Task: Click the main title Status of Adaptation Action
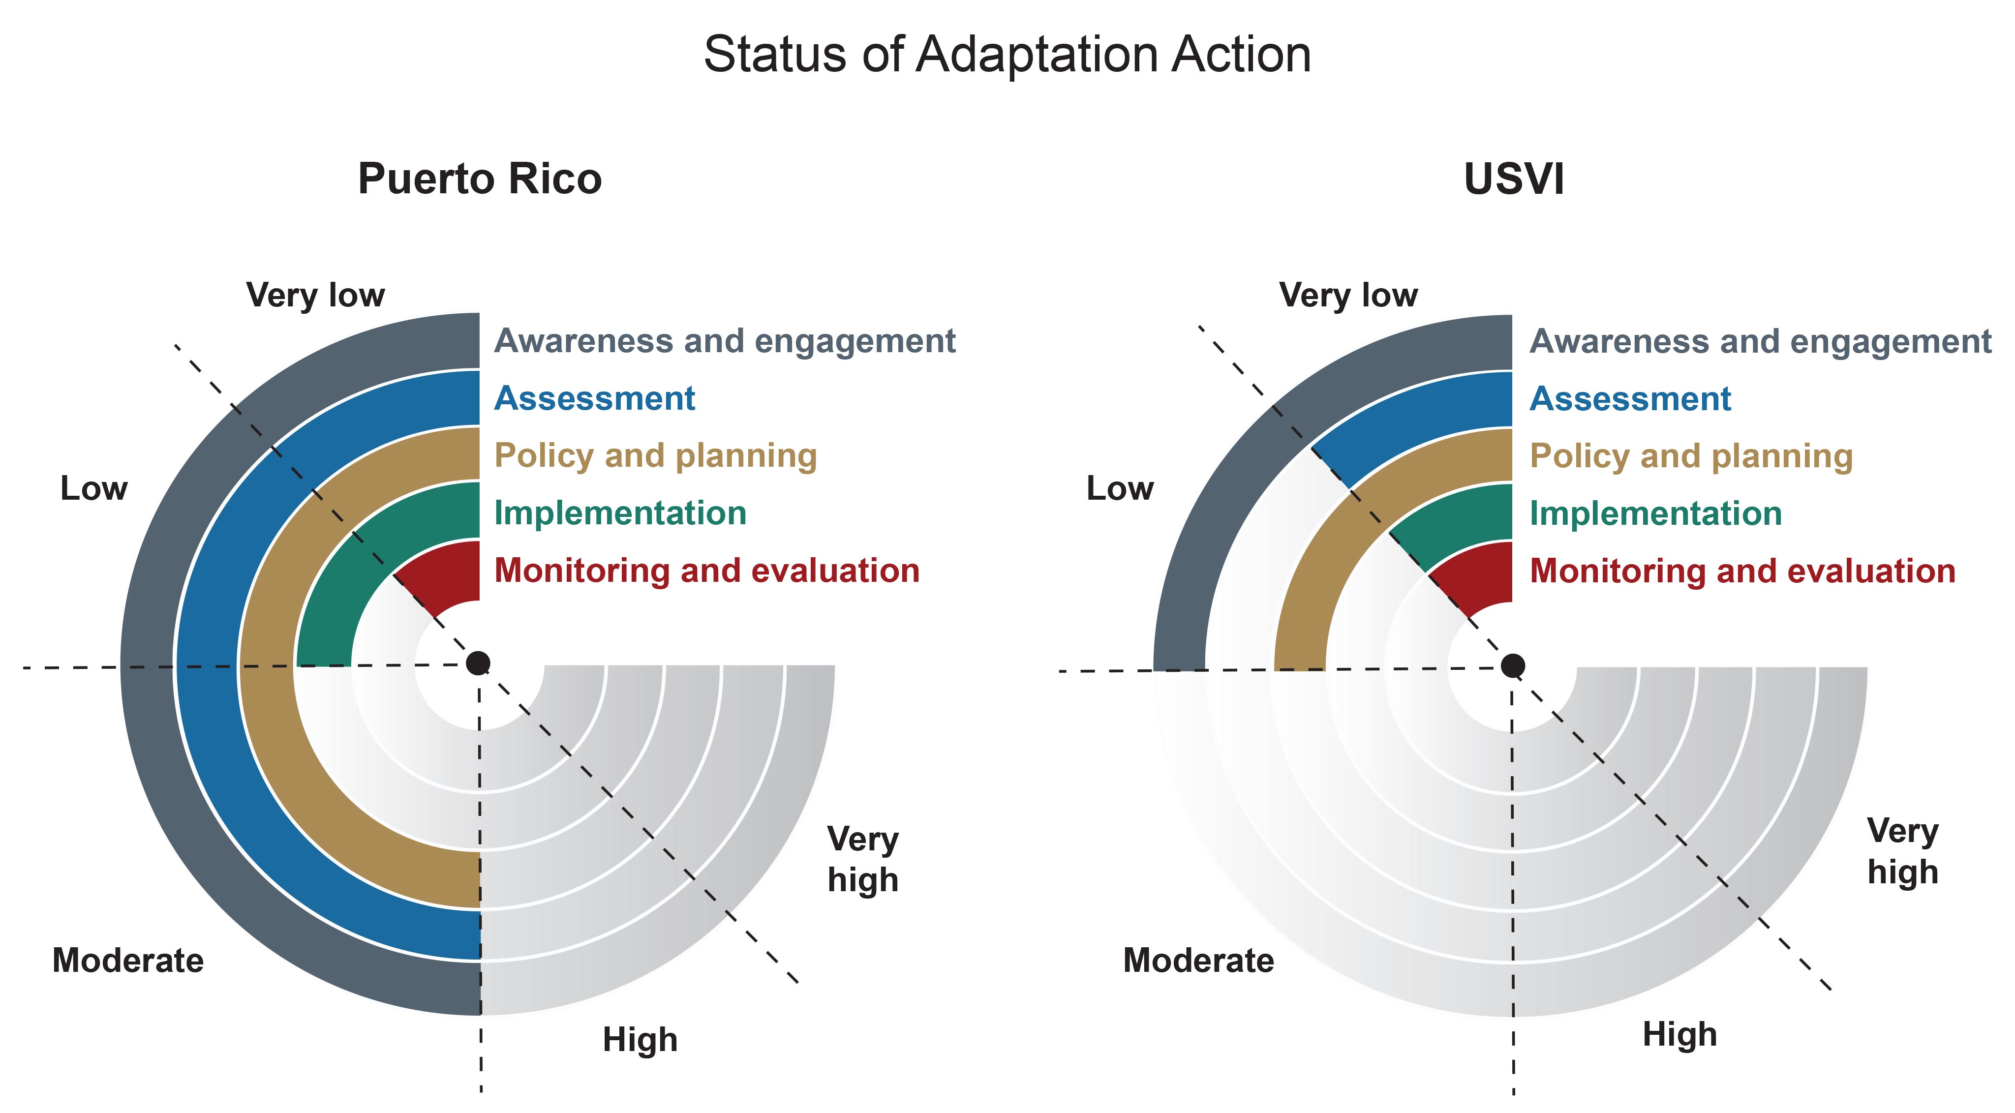coord(1007,55)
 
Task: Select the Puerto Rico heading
coord(480,179)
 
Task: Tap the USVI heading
coord(1514,179)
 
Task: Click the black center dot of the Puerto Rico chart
coord(478,663)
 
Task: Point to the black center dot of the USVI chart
coord(1513,665)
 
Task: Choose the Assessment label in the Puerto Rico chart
coord(594,398)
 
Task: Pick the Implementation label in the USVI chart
coord(1655,513)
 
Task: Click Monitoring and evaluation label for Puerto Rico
coord(706,570)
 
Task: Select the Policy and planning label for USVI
coord(1691,456)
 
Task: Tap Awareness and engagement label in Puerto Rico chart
coord(724,341)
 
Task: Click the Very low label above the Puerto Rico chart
coord(315,295)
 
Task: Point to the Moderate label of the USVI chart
coord(1198,960)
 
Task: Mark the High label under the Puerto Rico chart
coord(640,1040)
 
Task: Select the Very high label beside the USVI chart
coord(1902,851)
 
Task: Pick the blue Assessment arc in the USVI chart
coord(1408,426)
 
